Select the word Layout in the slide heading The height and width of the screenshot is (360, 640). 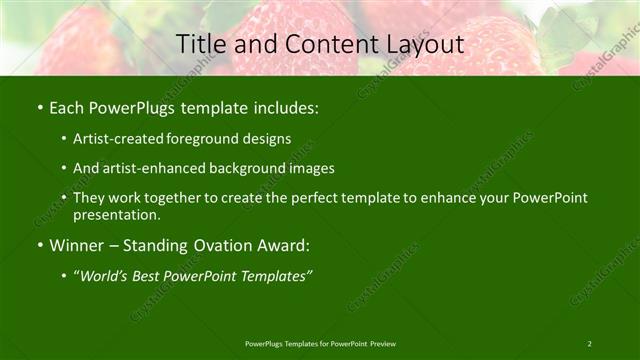pos(427,45)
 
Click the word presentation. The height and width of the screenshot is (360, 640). pos(117,214)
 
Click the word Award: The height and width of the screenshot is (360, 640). pos(284,245)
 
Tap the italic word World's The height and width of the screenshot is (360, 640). pos(106,276)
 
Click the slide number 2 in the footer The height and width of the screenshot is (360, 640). pos(590,344)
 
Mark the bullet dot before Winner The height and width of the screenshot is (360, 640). pos(39,245)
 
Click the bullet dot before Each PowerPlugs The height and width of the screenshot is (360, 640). pos(39,106)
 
